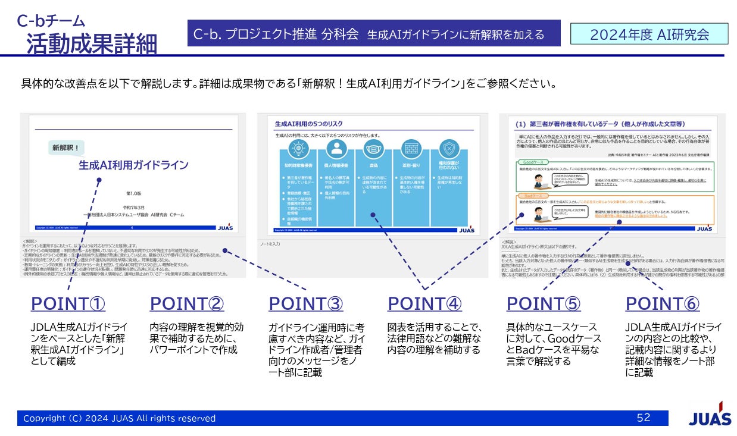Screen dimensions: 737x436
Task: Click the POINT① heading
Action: point(68,304)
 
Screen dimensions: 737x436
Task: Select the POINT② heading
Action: point(187,304)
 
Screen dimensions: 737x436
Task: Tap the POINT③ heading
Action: point(305,304)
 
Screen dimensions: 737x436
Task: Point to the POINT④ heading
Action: point(424,304)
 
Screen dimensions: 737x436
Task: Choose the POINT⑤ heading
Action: point(544,304)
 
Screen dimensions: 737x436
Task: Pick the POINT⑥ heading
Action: point(663,304)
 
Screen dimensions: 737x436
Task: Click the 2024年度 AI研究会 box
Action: point(649,34)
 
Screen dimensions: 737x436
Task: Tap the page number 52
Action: point(644,418)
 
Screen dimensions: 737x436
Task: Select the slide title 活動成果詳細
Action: point(92,44)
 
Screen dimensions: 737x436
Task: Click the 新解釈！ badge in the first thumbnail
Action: point(65,147)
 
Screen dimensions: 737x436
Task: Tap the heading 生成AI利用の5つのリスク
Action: point(308,124)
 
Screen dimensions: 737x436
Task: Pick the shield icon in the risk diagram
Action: point(449,148)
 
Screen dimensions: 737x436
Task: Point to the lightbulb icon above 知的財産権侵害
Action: point(296,148)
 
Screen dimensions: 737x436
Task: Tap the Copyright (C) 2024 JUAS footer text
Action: point(119,418)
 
